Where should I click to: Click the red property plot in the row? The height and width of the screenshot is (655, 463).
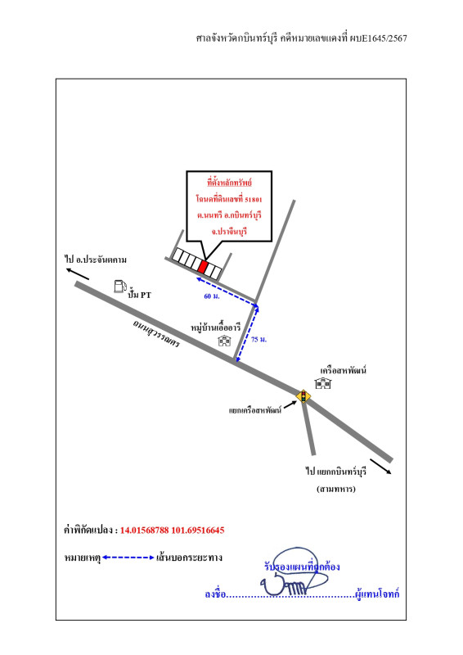coord(203,267)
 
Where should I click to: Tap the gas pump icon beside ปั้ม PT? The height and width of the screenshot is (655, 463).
coord(120,286)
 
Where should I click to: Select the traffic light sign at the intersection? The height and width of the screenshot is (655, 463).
coord(303,395)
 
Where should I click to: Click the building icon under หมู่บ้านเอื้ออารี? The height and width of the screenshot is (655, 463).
coord(225,341)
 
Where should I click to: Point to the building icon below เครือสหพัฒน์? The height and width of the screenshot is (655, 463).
coord(323,383)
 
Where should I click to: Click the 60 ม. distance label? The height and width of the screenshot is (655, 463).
coord(212,296)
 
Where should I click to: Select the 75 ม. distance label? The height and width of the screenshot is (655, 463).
coord(258,340)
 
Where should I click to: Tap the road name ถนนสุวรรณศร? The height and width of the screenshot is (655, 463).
coord(156,333)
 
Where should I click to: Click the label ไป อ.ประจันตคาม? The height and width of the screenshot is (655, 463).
coord(96,260)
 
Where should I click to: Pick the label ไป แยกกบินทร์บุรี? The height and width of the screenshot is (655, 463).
coord(336,472)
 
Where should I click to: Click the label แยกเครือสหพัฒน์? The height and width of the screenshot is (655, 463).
coord(255,410)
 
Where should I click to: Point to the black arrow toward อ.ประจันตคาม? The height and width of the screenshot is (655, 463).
coord(78,274)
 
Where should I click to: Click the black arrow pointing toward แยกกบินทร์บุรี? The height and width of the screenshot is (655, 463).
coord(380,467)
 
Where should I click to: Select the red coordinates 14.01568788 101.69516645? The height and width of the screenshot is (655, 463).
coord(173,530)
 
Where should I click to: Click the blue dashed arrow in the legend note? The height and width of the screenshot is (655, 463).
coord(128,558)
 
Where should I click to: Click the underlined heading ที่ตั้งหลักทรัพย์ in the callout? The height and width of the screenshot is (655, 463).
coord(229,182)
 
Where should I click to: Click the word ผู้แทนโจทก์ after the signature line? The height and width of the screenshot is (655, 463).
coord(377,594)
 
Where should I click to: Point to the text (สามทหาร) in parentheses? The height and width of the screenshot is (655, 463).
coord(336,489)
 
